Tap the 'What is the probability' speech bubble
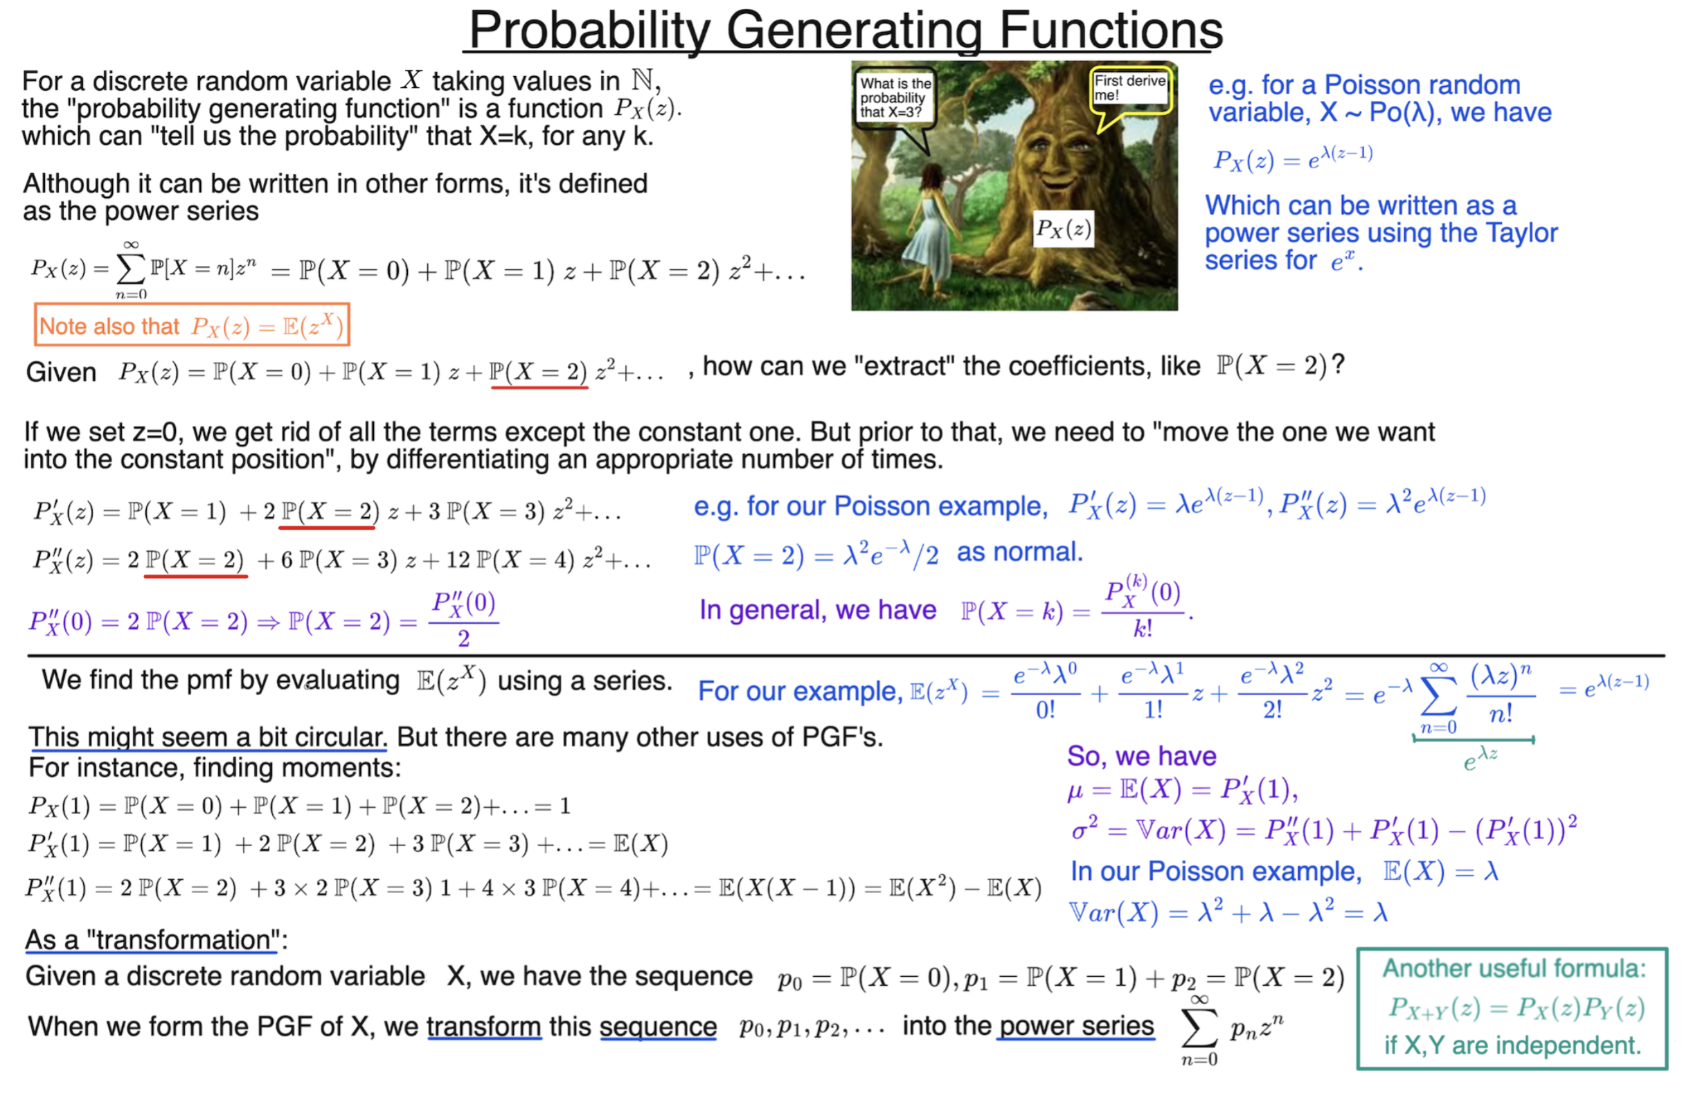click(895, 98)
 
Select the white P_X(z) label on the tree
click(1062, 228)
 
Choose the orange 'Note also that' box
click(192, 325)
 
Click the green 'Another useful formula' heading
click(1513, 969)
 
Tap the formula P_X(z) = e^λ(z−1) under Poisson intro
click(1292, 158)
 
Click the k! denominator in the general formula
click(1143, 629)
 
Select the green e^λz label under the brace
click(1480, 760)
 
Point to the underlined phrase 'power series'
click(1076, 1026)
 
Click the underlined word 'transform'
click(484, 1027)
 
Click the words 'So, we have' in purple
click(1141, 757)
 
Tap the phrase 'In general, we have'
click(818, 610)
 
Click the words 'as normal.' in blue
click(1019, 552)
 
